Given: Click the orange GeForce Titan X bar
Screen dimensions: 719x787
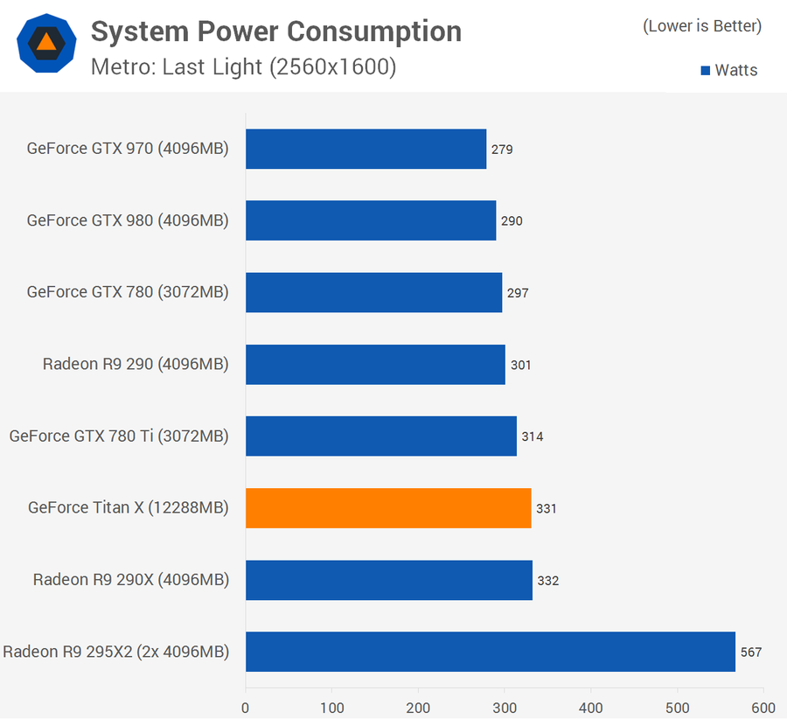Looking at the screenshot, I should tap(388, 508).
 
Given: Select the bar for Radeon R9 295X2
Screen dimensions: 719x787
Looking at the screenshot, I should tap(490, 652).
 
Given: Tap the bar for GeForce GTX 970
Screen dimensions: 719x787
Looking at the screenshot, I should tap(366, 149).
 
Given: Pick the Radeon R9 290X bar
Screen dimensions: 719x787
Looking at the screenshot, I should tap(389, 580).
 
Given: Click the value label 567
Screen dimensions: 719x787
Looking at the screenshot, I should tap(751, 653).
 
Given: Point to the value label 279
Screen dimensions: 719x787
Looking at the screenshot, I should tap(502, 150).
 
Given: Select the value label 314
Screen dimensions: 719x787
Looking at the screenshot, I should tap(533, 436).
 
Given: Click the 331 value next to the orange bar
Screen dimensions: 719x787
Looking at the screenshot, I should tap(547, 508).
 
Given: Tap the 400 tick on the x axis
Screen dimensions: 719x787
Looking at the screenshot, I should tap(591, 707).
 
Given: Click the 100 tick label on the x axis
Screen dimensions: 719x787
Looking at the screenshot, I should tap(331, 707).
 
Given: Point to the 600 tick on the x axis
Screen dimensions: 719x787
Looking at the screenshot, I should tap(763, 707).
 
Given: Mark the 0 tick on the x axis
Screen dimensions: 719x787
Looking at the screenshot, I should tap(246, 707).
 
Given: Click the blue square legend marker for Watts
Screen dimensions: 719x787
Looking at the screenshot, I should tap(706, 71).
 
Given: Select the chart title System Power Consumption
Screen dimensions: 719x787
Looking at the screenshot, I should tap(276, 32).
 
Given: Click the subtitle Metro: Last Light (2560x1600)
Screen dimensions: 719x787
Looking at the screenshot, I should tap(244, 67).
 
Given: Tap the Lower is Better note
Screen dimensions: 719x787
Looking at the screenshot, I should tap(702, 26).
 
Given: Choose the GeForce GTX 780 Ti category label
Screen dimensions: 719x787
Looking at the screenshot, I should tap(119, 436).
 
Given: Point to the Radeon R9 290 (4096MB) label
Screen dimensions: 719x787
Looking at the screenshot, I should tap(136, 364).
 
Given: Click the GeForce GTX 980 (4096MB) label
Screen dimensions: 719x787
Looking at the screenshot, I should tap(128, 220).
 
